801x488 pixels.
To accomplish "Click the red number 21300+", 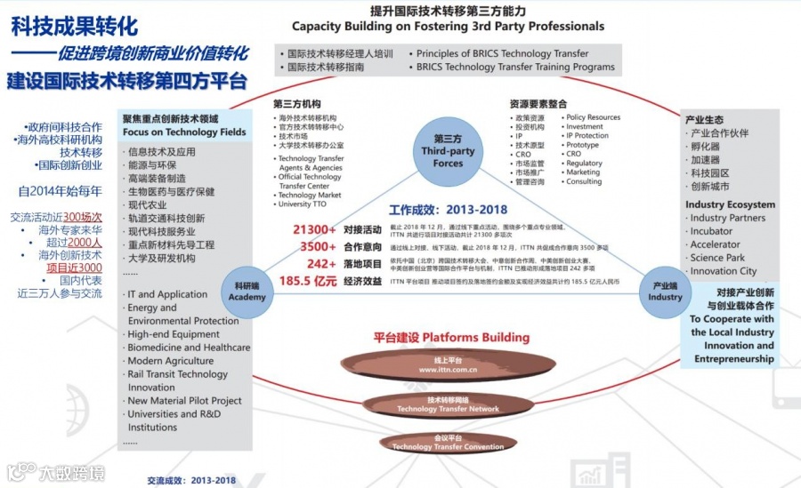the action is (x=314, y=229).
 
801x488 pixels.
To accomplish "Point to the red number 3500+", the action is (x=318, y=246).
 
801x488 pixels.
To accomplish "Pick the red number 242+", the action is (x=321, y=263).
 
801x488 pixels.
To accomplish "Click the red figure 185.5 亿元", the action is (x=307, y=281).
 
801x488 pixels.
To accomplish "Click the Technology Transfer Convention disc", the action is (x=448, y=443).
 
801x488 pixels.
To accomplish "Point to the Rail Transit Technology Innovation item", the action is (x=177, y=380).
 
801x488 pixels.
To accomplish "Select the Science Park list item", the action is (x=717, y=258).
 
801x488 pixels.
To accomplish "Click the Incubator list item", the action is (x=712, y=231).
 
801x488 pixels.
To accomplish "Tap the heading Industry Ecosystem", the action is (x=730, y=204).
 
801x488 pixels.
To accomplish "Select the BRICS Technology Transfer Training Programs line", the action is (x=515, y=67).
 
